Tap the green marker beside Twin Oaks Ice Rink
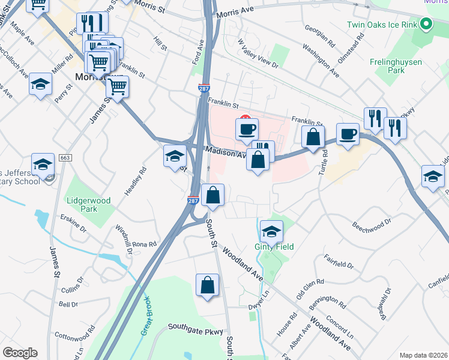[x=427, y=25]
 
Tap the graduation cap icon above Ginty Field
[x=271, y=230]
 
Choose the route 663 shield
[x=66, y=158]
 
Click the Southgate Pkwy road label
[x=195, y=328]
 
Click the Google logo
[x=20, y=353]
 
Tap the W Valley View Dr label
[x=258, y=53]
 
